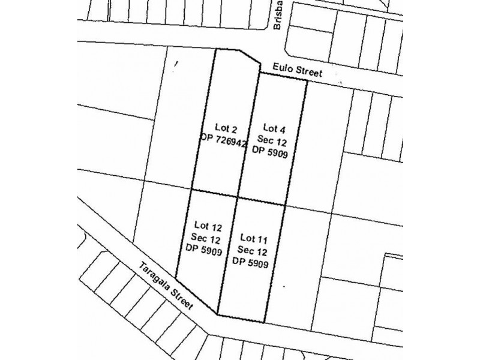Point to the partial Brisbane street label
[279, 18]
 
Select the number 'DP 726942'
[224, 139]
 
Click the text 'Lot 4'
[274, 128]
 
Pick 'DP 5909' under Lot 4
[274, 152]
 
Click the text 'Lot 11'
[252, 237]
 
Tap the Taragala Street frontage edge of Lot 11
[243, 317]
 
